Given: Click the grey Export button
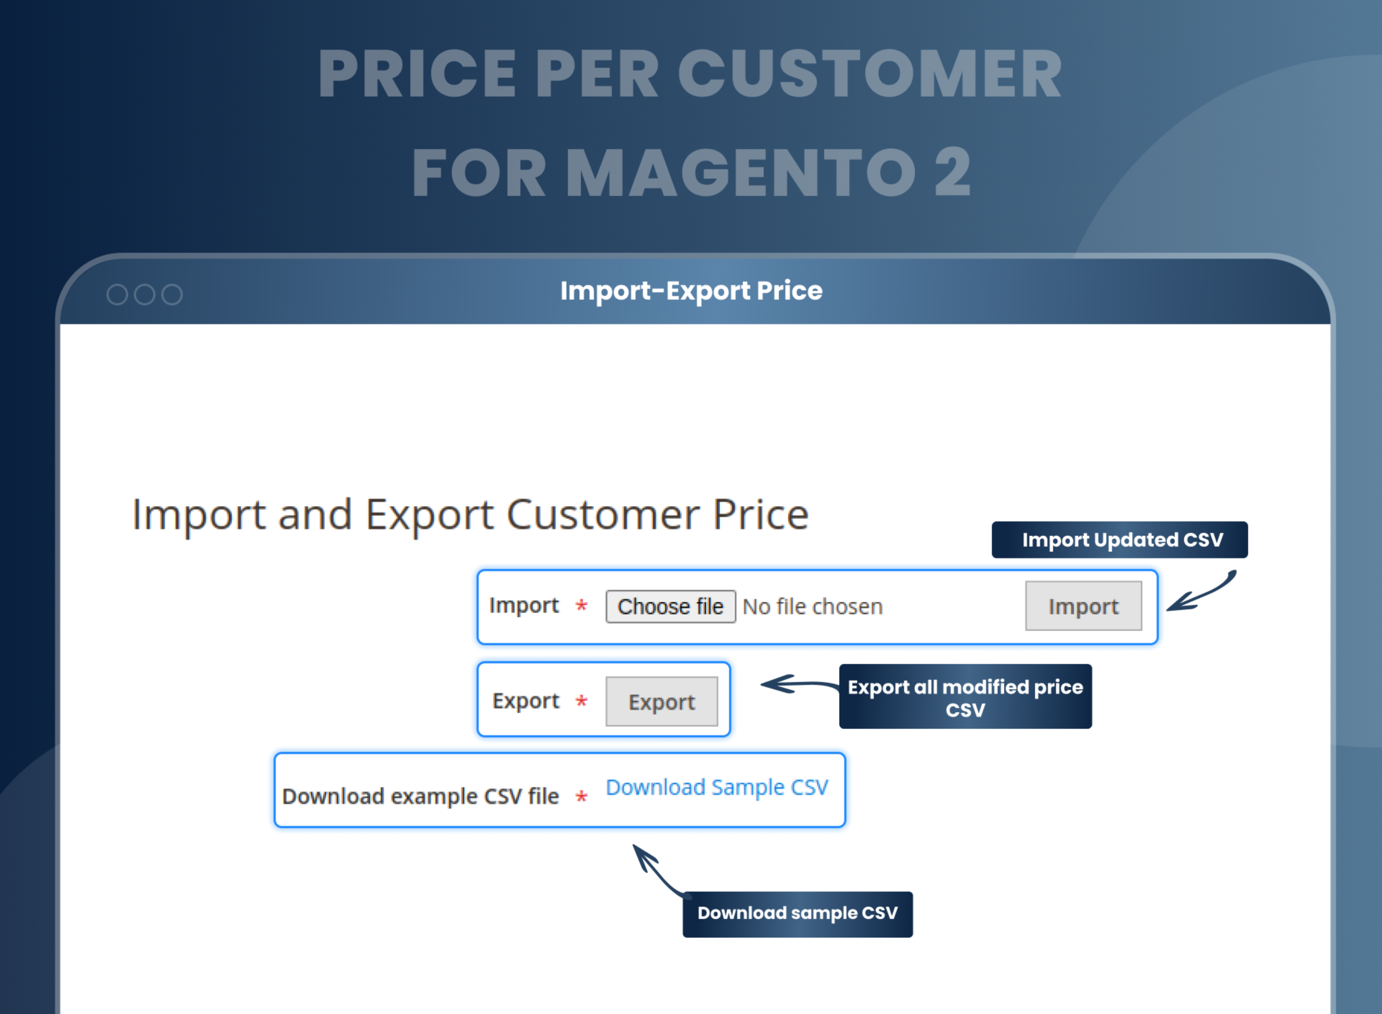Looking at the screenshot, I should [661, 701].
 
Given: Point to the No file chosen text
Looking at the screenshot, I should [812, 606].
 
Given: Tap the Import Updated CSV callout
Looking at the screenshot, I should [1120, 539].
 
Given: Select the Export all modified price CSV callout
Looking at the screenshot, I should [965, 697].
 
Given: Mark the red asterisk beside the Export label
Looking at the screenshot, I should [581, 701].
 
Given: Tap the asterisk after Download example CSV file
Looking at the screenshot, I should [581, 797].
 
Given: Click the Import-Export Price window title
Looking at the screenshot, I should [691, 290].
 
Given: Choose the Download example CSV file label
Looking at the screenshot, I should [420, 796].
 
